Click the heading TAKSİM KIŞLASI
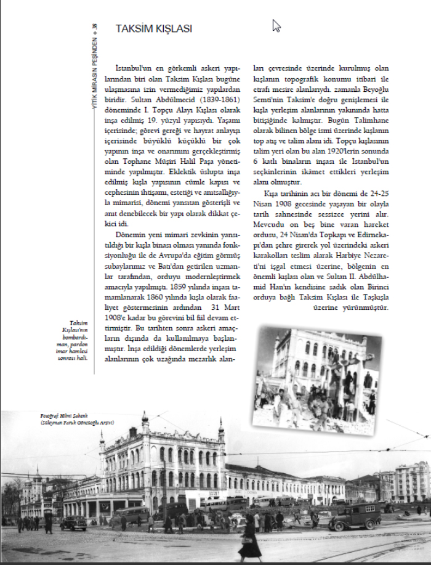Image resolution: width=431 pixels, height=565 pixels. tap(154, 28)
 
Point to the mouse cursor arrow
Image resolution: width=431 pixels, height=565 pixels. tap(276, 25)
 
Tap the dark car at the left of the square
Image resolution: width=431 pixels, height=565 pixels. tap(73, 522)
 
